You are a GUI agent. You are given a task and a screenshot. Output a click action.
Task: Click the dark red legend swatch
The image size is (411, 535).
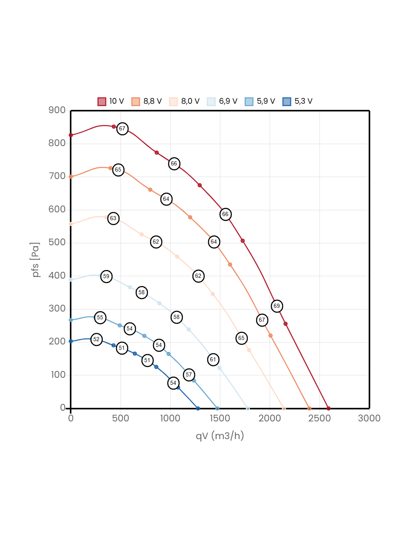click(102, 102)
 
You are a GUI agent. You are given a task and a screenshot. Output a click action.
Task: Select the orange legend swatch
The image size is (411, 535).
click(136, 102)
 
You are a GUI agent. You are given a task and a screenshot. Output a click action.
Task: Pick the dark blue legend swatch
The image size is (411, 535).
click(287, 102)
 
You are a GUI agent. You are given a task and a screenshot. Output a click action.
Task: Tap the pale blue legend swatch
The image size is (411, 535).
click(211, 102)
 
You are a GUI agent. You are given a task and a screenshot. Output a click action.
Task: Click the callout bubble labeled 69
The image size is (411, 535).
click(277, 306)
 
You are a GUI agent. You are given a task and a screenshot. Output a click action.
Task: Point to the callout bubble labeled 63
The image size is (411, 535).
click(113, 218)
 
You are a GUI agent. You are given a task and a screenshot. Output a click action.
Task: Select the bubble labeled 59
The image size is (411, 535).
click(106, 276)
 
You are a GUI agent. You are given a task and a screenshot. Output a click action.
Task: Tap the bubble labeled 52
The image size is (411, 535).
click(96, 339)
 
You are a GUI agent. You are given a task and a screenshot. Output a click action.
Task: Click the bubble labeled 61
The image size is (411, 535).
click(213, 359)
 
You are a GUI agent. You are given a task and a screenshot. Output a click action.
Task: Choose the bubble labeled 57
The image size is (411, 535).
click(189, 374)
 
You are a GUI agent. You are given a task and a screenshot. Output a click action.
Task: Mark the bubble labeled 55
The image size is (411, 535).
click(100, 317)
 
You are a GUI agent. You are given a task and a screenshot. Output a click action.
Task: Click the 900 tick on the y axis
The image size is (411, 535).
click(57, 110)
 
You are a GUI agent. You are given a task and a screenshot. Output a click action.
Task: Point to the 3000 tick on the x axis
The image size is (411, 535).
click(369, 418)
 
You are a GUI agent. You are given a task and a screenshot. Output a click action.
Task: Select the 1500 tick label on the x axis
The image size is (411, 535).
click(220, 418)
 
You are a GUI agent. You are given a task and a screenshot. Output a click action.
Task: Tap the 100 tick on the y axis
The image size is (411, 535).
click(58, 374)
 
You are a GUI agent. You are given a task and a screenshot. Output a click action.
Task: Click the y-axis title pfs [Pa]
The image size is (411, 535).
click(36, 260)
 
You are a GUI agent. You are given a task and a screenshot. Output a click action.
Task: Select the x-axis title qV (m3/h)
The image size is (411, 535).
click(220, 435)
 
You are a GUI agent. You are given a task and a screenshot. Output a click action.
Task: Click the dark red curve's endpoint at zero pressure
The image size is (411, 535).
click(328, 408)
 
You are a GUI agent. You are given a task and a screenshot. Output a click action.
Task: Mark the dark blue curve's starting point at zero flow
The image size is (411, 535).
click(71, 341)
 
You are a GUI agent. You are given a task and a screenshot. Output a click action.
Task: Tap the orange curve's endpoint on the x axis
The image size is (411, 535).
click(309, 408)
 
